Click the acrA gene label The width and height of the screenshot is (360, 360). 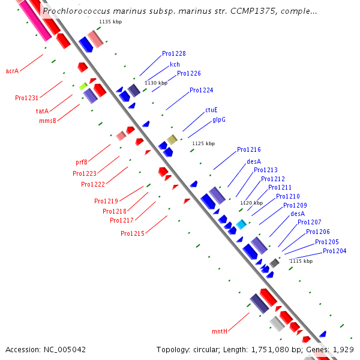tap(12, 71)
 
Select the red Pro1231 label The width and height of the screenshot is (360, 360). tap(26, 98)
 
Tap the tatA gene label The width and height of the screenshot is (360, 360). tap(42, 111)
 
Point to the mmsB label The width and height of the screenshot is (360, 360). tap(48, 121)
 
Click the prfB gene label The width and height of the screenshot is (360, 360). tap(82, 162)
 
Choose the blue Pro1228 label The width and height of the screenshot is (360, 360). tap(174, 53)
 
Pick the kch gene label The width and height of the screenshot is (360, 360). tap(175, 64)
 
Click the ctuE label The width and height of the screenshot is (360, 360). tap(211, 110)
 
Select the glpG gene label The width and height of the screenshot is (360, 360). tap(219, 119)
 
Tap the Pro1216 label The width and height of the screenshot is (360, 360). tap(249, 149)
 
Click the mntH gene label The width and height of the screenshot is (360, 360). tap(220, 331)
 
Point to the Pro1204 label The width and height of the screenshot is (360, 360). tap(335, 251)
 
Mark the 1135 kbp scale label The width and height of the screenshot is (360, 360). tap(110, 22)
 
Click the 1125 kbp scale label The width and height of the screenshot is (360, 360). tap(203, 143)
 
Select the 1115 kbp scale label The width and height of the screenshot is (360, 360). tap(301, 261)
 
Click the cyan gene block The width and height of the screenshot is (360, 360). tap(241, 224)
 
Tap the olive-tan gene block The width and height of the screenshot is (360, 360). tap(172, 140)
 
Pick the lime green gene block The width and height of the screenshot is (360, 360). tap(83, 86)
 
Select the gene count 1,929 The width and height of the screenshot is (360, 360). tap(343, 350)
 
